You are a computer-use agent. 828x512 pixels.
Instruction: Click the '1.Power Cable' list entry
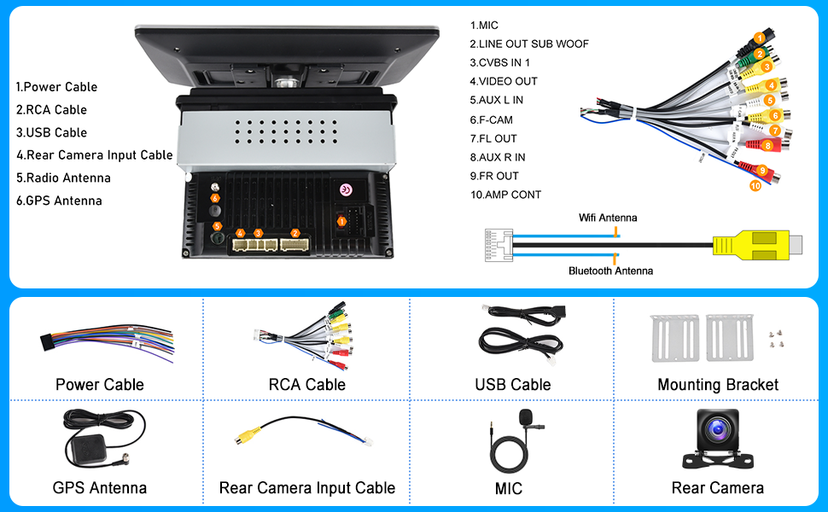coord(56,87)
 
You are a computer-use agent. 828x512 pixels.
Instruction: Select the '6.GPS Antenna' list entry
coord(59,201)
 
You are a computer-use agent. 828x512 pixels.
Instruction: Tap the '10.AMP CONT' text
coord(505,195)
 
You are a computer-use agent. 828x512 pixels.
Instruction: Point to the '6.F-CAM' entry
coord(493,119)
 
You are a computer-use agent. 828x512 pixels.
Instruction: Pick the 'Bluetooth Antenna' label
coord(610,271)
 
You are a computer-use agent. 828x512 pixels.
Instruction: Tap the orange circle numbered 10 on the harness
coord(755,185)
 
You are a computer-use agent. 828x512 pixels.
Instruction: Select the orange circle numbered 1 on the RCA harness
coord(759,37)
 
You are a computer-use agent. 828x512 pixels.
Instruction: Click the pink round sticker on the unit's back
coord(346,190)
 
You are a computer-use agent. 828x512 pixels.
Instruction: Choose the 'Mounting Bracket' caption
coord(718,385)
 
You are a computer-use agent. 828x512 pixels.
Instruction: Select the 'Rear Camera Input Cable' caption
coord(307,488)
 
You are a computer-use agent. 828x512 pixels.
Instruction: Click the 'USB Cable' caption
coord(512,385)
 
